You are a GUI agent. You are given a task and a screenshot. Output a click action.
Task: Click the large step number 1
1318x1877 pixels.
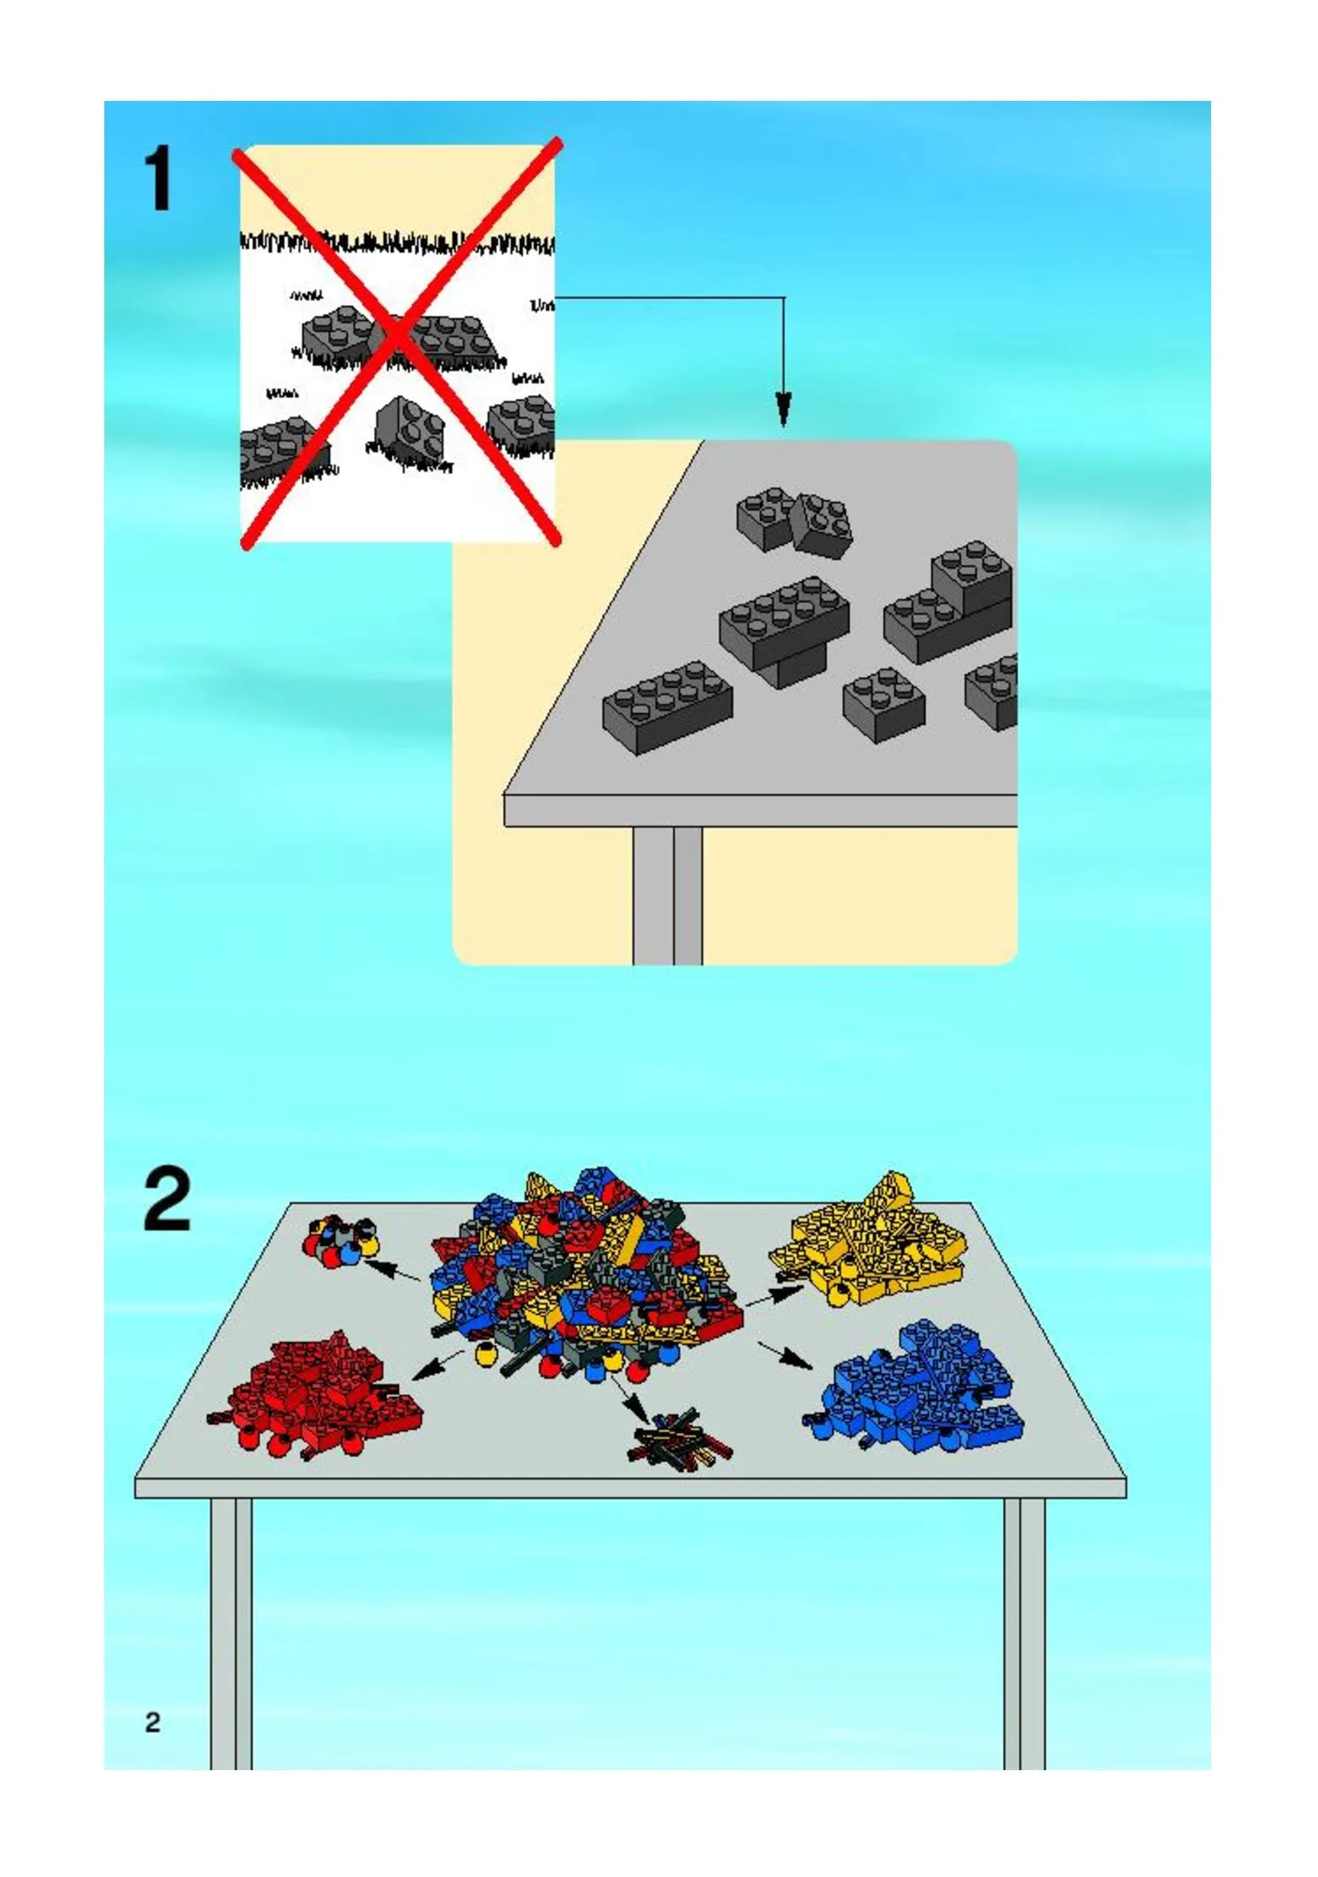[159, 178]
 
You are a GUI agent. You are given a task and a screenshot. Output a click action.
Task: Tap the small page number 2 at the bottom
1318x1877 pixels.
[153, 1722]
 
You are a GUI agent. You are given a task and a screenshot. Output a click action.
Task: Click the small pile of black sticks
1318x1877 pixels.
[679, 1438]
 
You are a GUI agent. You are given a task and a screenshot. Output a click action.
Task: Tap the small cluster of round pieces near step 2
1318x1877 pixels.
[340, 1239]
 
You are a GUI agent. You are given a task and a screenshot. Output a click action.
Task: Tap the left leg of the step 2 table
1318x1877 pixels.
[231, 1634]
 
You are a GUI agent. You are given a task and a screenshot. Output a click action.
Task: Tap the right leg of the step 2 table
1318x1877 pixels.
[1024, 1634]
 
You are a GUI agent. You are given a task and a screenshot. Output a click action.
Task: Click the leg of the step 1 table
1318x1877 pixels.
[667, 896]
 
